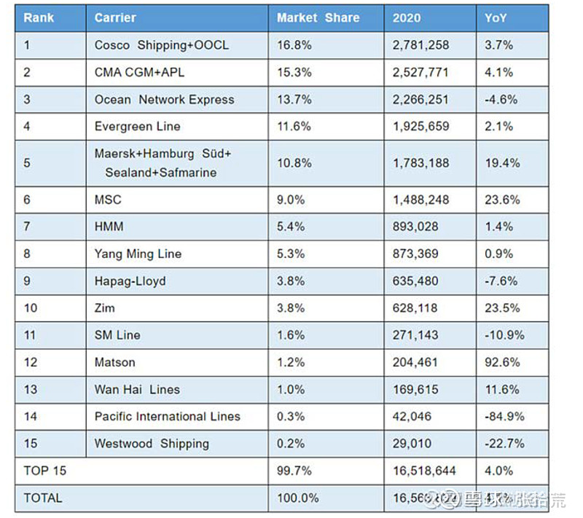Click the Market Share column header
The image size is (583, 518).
[318, 18]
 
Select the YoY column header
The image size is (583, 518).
[496, 18]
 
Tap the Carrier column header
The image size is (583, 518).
[115, 18]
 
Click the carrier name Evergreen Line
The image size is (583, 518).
[137, 127]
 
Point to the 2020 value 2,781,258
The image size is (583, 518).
[421, 45]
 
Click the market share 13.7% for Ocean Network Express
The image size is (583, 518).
[294, 100]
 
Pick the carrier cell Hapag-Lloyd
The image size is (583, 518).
[130, 281]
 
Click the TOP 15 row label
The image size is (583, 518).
[44, 471]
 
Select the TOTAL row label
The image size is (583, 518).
[43, 498]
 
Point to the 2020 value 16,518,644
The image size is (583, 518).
[425, 471]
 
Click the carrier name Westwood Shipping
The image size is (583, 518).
[152, 444]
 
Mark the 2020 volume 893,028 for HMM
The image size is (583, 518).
[415, 227]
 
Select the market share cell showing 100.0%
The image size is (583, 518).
[298, 498]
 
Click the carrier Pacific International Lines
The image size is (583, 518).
[167, 417]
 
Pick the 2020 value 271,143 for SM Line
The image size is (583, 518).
[415, 335]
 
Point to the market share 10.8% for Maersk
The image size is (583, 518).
[294, 163]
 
